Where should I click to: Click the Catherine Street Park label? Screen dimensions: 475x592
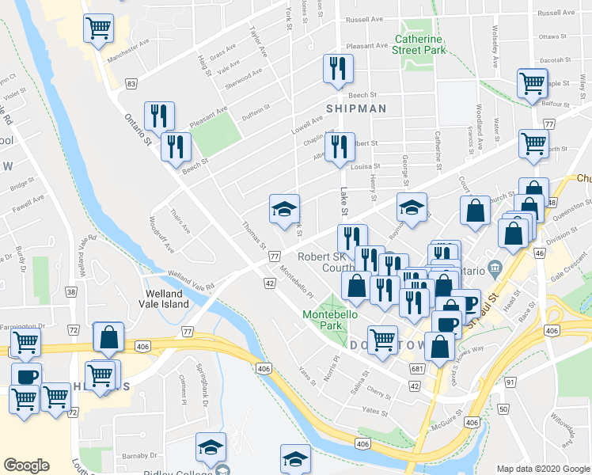click(x=420, y=44)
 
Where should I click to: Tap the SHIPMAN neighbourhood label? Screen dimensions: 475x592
click(x=357, y=108)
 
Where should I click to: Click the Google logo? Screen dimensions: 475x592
click(x=26, y=465)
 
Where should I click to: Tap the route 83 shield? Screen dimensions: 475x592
click(x=131, y=83)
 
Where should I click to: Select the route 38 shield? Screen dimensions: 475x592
click(x=71, y=292)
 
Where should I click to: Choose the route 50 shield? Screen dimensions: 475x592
click(x=503, y=408)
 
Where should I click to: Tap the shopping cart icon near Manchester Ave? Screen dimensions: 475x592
click(x=99, y=28)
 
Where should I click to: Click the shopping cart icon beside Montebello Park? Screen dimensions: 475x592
click(x=383, y=340)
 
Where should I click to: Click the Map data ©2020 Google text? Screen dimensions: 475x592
click(x=542, y=468)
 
